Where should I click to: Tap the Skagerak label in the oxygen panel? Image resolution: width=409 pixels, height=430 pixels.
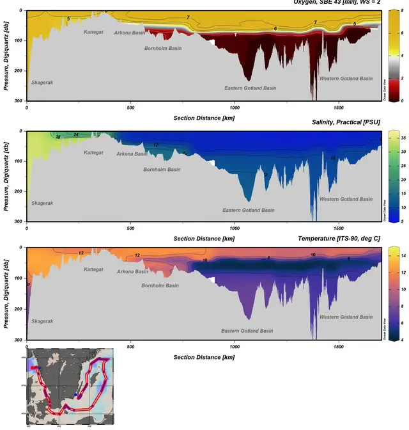coord(42,83)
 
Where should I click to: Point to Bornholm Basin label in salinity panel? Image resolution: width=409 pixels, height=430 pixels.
coord(162,170)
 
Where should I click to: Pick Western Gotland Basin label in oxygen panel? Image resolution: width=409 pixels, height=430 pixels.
coord(346,79)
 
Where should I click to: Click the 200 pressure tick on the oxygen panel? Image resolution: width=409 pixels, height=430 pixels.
coord(20,70)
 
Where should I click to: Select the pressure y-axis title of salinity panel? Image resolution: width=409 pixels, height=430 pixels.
coord(7,173)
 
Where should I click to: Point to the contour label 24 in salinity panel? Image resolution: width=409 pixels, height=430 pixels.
coord(76,134)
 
